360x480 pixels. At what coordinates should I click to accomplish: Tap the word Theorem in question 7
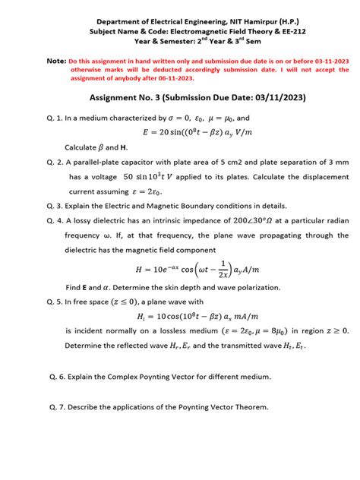pyautogui.click(x=246, y=406)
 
